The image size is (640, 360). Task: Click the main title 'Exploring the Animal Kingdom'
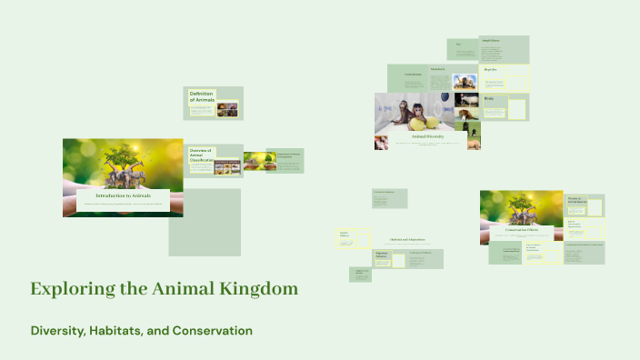click(164, 289)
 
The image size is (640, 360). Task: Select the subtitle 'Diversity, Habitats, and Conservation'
click(141, 330)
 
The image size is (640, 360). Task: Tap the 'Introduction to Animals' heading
click(122, 195)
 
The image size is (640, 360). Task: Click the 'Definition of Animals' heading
click(202, 96)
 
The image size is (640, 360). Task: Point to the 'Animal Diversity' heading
click(427, 136)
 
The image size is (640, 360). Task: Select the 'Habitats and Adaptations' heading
click(407, 240)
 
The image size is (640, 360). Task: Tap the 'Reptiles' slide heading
click(490, 69)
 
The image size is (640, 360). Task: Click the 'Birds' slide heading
click(489, 98)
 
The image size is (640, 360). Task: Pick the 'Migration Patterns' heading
click(382, 255)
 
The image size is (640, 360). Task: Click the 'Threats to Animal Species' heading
click(575, 199)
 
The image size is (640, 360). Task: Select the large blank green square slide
click(205, 222)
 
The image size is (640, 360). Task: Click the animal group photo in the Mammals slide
click(465, 80)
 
